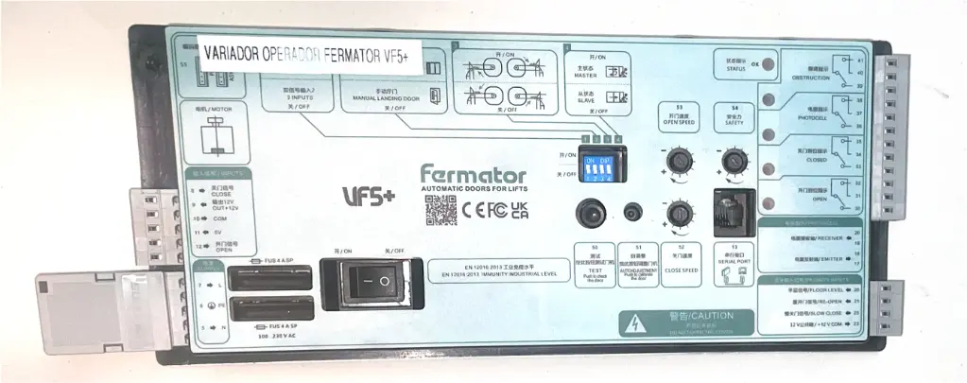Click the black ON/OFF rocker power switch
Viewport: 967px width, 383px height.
coord(368,281)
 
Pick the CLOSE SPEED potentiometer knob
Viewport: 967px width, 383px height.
coord(678,215)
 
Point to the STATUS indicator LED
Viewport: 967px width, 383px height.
coord(767,66)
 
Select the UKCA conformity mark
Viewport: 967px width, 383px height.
coord(518,210)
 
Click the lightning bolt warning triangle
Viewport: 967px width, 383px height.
coord(634,324)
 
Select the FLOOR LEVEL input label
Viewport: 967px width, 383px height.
coord(819,289)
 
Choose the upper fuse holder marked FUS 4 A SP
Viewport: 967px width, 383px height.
coord(270,279)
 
